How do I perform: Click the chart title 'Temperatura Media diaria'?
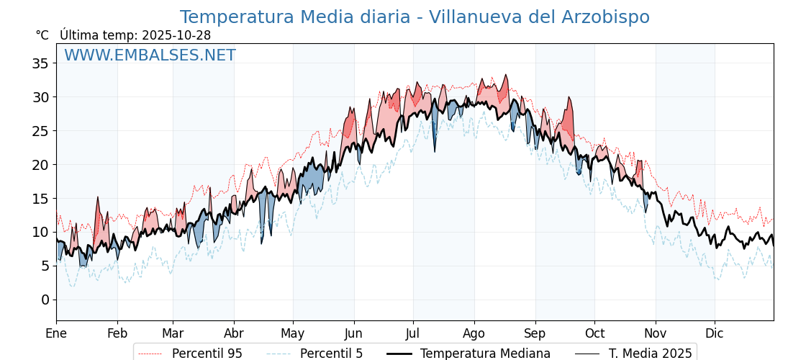(x=414, y=17)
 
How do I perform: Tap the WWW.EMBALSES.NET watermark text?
(x=150, y=55)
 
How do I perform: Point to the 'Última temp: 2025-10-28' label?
(x=135, y=35)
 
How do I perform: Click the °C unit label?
(x=42, y=35)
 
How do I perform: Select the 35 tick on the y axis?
(x=40, y=63)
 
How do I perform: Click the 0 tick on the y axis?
(x=45, y=300)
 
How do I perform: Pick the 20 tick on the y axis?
(x=40, y=165)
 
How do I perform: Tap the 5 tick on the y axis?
(x=45, y=266)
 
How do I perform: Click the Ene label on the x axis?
(x=56, y=333)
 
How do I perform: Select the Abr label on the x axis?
(x=234, y=333)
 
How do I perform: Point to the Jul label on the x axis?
(x=413, y=333)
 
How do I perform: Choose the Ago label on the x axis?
(x=474, y=333)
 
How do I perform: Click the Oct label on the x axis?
(x=594, y=333)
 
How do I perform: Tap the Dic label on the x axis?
(x=715, y=333)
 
